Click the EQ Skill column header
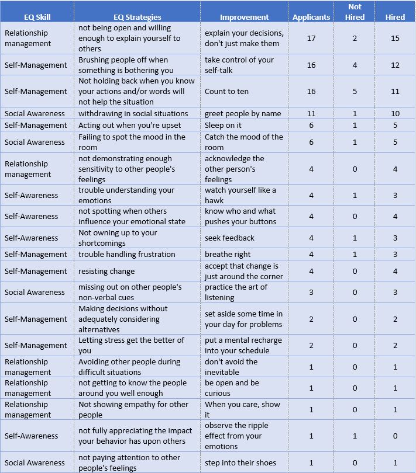point(36,17)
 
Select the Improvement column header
point(244,17)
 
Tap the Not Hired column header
point(355,12)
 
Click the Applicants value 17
point(311,38)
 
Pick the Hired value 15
point(395,38)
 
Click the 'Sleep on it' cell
point(223,125)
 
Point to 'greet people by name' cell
point(243,113)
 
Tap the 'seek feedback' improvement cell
point(229,238)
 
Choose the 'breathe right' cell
point(228,254)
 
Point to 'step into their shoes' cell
point(240,462)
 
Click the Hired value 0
point(395,436)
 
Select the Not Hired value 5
point(355,91)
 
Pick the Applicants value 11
point(311,113)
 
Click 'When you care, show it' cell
point(242,409)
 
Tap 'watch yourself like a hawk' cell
point(240,195)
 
